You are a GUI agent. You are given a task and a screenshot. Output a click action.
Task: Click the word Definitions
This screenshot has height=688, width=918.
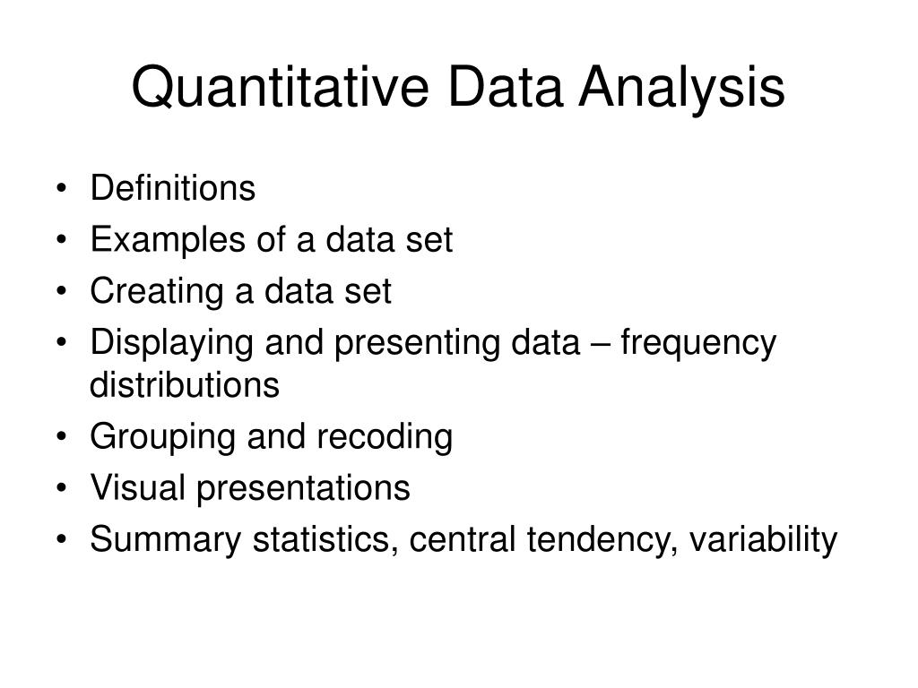tap(173, 189)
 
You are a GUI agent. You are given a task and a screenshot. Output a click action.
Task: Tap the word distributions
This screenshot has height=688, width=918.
tap(185, 386)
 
